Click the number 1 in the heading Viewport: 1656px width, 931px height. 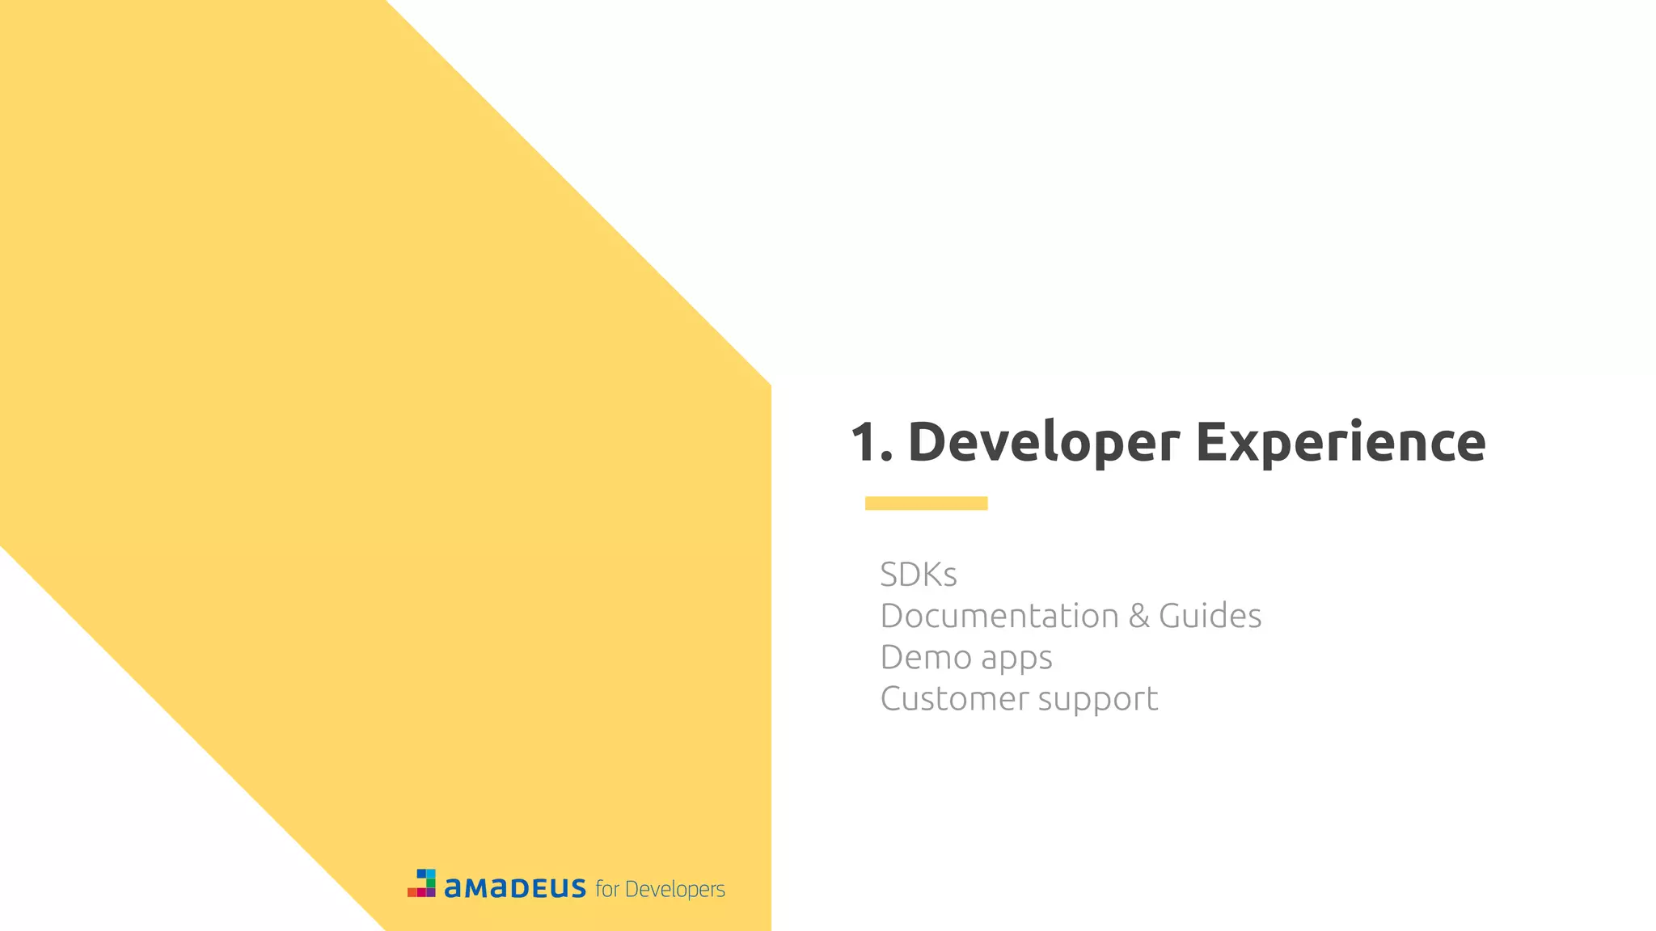pos(865,443)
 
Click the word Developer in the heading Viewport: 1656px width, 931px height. pos(1043,443)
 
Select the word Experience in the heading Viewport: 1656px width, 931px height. pos(1340,443)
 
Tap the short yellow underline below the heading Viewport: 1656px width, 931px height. pos(926,503)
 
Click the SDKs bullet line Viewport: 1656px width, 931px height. pos(919,575)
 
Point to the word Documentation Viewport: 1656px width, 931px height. pos(999,616)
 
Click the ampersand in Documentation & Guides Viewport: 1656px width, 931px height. pos(1138,616)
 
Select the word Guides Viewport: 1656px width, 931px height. pos(1210,616)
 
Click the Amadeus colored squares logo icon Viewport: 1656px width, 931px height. pos(422,883)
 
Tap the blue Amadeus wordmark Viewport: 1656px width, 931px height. pos(515,888)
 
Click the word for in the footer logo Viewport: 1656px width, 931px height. pos(607,889)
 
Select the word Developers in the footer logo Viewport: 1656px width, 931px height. pos(675,890)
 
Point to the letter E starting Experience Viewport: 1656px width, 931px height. pos(1212,443)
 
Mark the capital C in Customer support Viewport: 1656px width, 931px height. pos(893,699)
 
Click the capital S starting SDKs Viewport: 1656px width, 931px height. pos(891,575)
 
